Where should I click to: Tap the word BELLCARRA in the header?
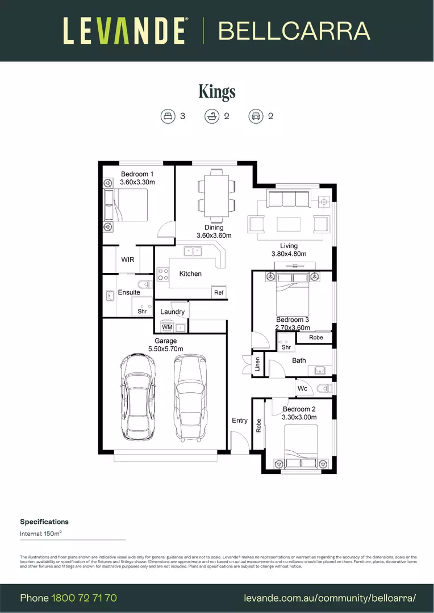[x=294, y=31]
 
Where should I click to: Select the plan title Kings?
[x=217, y=91]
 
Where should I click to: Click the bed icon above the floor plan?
[x=168, y=116]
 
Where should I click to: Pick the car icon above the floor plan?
[x=256, y=116]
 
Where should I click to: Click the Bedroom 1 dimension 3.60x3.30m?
[x=137, y=182]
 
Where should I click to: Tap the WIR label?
[x=128, y=259]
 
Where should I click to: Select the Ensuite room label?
[x=129, y=292]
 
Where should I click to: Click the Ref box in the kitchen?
[x=219, y=293]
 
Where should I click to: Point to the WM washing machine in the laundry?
[x=167, y=328]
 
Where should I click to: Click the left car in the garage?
[x=137, y=397]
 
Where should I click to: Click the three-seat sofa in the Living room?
[x=288, y=199]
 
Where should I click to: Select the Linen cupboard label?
[x=257, y=364]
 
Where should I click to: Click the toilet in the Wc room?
[x=324, y=389]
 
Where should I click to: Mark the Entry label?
[x=240, y=421]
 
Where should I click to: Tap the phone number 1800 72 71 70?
[x=84, y=598]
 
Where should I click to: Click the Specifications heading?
[x=44, y=522]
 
